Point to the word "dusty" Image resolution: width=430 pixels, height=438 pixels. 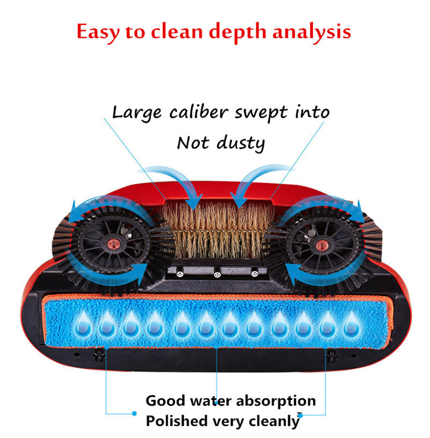(x=240, y=143)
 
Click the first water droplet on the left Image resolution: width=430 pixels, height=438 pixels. (x=82, y=323)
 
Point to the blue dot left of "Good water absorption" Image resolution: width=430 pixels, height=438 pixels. (x=134, y=413)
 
